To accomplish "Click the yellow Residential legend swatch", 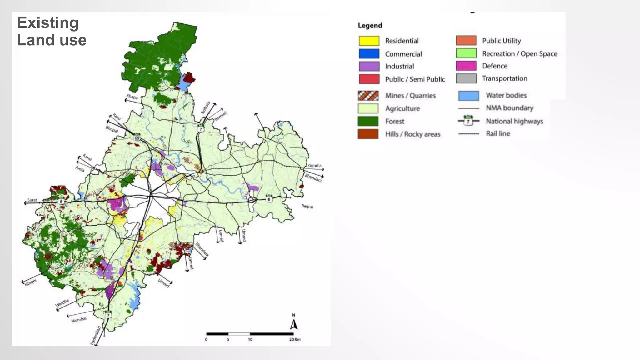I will [369, 41].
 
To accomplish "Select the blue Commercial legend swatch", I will [369, 54].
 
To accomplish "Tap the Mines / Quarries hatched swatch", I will [368, 96].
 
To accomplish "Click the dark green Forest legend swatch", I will [368, 121].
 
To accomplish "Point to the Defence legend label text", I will [495, 66].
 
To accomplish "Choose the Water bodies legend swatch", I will [468, 96].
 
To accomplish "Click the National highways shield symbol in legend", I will [468, 121].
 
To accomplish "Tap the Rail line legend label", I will [498, 134].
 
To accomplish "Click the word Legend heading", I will [370, 26].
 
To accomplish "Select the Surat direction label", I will [32, 200].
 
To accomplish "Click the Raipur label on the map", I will [307, 206].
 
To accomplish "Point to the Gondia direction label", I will [314, 166].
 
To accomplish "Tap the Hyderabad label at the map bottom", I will [96, 336].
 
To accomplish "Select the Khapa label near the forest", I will [132, 97].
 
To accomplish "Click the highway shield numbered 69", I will [137, 137].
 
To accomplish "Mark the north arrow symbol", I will [293, 324].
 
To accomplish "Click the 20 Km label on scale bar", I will [294, 339].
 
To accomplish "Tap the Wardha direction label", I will [62, 303].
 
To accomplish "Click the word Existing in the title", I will [48, 23].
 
